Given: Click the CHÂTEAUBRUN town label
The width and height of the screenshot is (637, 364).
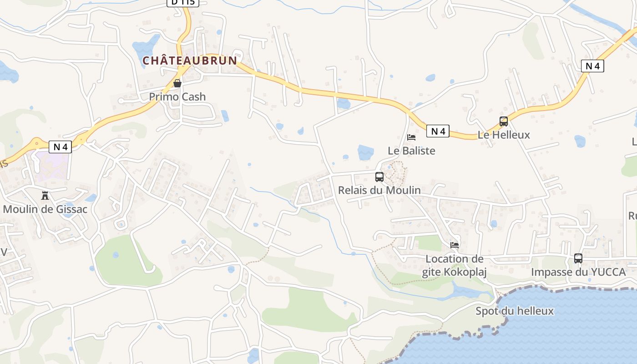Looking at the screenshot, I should tap(190, 61).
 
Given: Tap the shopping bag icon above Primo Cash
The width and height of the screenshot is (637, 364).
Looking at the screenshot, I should tap(177, 83).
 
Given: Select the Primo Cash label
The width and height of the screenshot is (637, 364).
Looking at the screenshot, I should tap(177, 97).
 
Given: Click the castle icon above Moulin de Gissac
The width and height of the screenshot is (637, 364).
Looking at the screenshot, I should tap(45, 196).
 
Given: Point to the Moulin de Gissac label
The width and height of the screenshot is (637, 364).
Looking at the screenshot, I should tap(45, 210).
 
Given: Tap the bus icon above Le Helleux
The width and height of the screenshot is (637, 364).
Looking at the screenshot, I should tap(504, 121).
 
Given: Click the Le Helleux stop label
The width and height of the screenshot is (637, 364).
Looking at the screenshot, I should tap(504, 135).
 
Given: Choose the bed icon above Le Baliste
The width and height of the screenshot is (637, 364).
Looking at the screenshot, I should tap(411, 137).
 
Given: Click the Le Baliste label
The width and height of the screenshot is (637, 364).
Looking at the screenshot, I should tap(411, 151).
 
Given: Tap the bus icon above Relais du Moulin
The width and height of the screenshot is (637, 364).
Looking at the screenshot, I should tap(379, 177).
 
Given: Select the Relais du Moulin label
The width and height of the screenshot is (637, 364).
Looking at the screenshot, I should tap(379, 190).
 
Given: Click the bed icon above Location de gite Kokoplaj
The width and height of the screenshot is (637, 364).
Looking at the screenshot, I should tap(455, 245).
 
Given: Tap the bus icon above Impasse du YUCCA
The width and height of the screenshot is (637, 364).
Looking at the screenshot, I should tap(578, 258).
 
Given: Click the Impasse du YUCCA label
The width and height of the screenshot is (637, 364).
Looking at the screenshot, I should tap(578, 272).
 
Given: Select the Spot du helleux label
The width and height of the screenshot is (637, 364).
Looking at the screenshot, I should tap(515, 311).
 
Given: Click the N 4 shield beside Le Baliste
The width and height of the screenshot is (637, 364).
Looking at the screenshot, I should tap(438, 131).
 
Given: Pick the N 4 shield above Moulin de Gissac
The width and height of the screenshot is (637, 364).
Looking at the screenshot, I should tap(60, 147).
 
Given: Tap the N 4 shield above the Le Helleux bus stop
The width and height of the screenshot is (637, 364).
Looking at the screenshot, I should tap(592, 66).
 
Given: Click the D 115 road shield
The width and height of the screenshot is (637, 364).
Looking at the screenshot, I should tap(183, 2).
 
